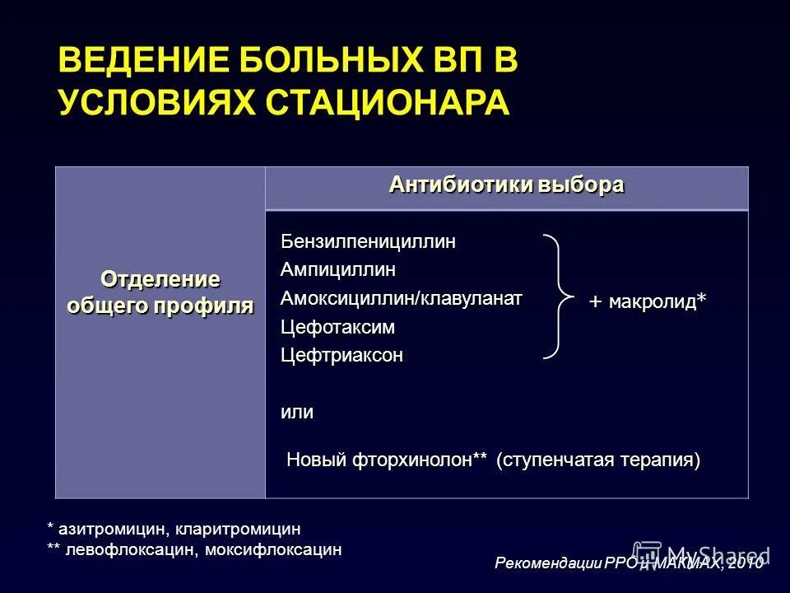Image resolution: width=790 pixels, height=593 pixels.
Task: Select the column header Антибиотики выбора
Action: pyautogui.click(x=506, y=185)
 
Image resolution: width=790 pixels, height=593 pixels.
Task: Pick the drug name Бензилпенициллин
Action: pyautogui.click(x=368, y=241)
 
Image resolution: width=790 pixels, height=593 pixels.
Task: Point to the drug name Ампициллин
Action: pyautogui.click(x=338, y=269)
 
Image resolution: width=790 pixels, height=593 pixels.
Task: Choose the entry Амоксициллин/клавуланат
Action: pyautogui.click(x=401, y=297)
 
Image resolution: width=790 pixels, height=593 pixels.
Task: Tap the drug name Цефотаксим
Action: pyautogui.click(x=337, y=327)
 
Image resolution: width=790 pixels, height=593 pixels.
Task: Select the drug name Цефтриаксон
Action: pyautogui.click(x=342, y=356)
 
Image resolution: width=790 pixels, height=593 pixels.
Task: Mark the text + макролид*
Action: pyautogui.click(x=647, y=302)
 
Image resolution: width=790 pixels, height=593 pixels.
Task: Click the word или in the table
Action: pyautogui.click(x=297, y=412)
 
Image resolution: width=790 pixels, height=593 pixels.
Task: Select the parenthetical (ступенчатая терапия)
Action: pyautogui.click(x=598, y=460)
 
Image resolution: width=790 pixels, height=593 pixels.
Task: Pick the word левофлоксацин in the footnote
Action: pyautogui.click(x=127, y=549)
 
